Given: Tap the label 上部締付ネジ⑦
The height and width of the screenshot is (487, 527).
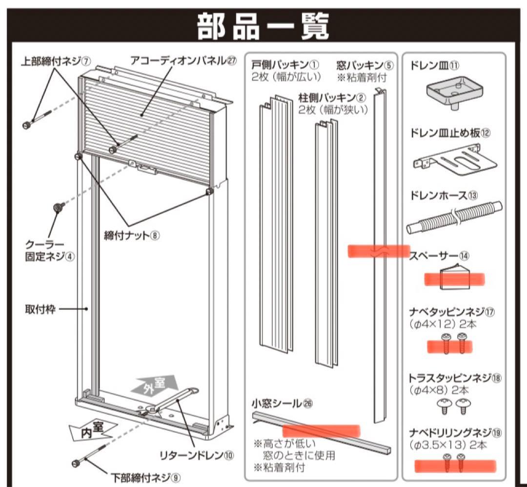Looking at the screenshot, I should (x=56, y=62).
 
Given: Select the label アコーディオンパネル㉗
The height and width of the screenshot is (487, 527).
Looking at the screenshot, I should (x=183, y=61).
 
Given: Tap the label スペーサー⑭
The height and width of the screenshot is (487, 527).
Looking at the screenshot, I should (x=439, y=256).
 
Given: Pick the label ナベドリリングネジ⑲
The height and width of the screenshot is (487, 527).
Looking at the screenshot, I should (x=456, y=432).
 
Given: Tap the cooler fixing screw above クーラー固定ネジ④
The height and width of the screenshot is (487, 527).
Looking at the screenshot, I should (x=59, y=208).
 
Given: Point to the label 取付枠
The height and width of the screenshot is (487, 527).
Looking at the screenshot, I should (x=40, y=309).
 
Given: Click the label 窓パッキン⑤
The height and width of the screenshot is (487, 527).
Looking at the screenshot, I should (x=365, y=65).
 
